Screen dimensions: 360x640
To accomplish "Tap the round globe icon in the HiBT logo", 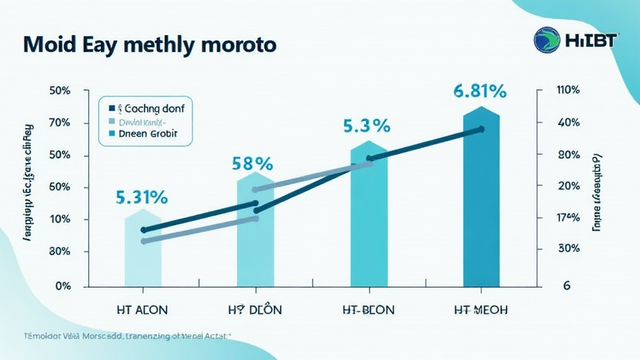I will click(x=547, y=39).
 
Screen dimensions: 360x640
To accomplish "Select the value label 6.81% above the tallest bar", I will click(x=480, y=91).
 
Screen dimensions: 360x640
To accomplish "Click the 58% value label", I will click(x=252, y=164).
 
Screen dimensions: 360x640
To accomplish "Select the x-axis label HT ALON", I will click(x=142, y=309).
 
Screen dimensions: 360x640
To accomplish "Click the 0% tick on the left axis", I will click(x=62, y=286).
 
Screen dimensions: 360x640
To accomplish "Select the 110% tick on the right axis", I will click(x=567, y=90).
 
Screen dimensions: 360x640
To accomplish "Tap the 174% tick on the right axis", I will click(x=567, y=218).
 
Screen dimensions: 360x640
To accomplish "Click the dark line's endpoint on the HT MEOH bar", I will click(x=481, y=129).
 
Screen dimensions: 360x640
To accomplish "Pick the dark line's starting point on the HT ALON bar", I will click(x=144, y=230).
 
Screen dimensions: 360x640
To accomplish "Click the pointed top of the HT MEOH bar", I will click(x=481, y=107).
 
